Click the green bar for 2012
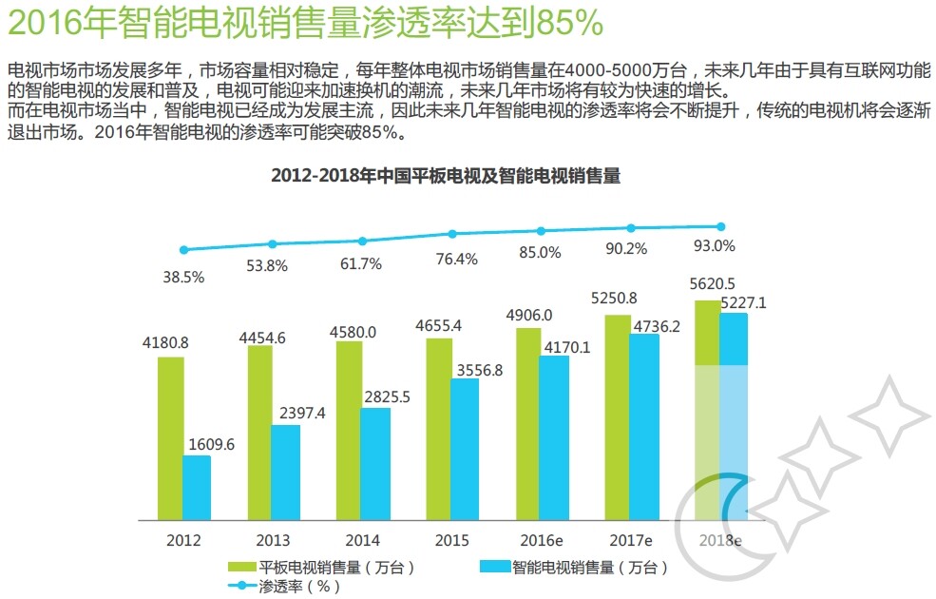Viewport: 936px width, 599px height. (x=171, y=438)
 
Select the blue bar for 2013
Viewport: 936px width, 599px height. (x=285, y=472)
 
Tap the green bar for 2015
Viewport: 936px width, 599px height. (x=438, y=428)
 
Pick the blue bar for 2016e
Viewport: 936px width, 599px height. (x=554, y=437)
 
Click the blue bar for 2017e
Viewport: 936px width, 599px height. (x=643, y=426)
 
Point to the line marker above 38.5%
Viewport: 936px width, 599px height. (x=184, y=250)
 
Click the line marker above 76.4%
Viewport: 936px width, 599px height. (x=452, y=234)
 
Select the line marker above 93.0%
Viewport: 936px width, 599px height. (x=720, y=226)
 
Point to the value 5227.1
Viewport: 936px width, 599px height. (x=743, y=303)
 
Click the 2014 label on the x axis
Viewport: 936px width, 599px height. (x=362, y=540)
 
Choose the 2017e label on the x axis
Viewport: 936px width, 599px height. (x=629, y=540)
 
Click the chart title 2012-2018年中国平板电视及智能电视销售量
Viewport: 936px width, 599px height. (x=446, y=176)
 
